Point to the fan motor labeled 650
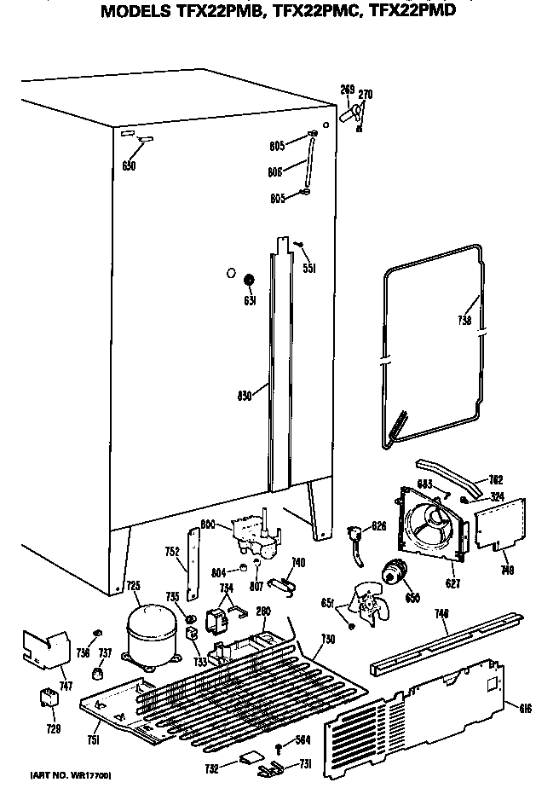tap(394, 571)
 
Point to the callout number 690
tap(129, 165)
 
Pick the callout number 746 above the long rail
tap(441, 613)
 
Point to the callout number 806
tap(275, 171)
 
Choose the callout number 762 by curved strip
tap(496, 478)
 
